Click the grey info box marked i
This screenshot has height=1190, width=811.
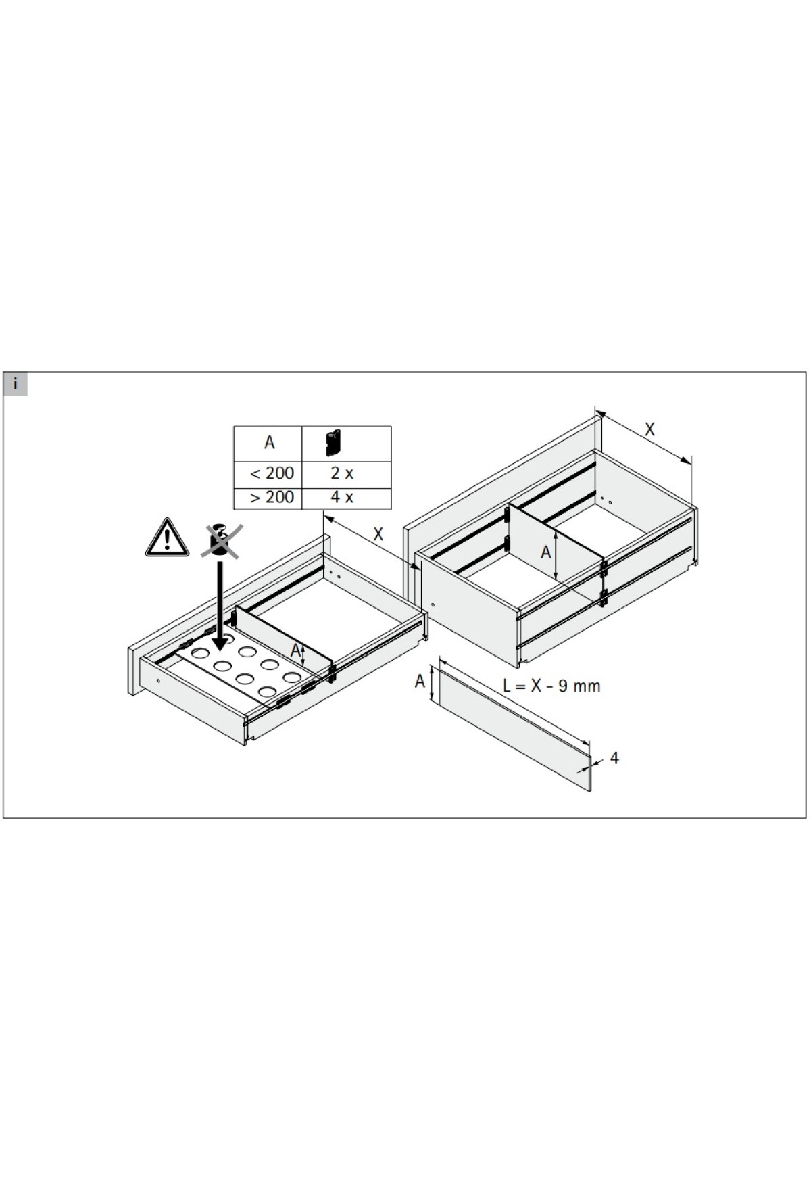coord(15,385)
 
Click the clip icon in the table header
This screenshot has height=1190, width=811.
coord(333,443)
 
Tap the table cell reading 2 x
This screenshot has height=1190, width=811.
coord(342,473)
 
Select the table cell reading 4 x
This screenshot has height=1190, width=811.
coord(342,498)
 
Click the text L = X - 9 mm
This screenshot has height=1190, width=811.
coord(551,686)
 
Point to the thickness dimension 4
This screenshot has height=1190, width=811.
coord(614,758)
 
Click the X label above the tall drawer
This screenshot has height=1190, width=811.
coord(649,429)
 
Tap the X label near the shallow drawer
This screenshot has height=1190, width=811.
coord(378,535)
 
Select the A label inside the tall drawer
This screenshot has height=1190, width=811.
coord(546,552)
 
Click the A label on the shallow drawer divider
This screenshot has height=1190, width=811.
coord(295,650)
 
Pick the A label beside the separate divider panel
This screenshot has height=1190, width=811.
coord(420,680)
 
